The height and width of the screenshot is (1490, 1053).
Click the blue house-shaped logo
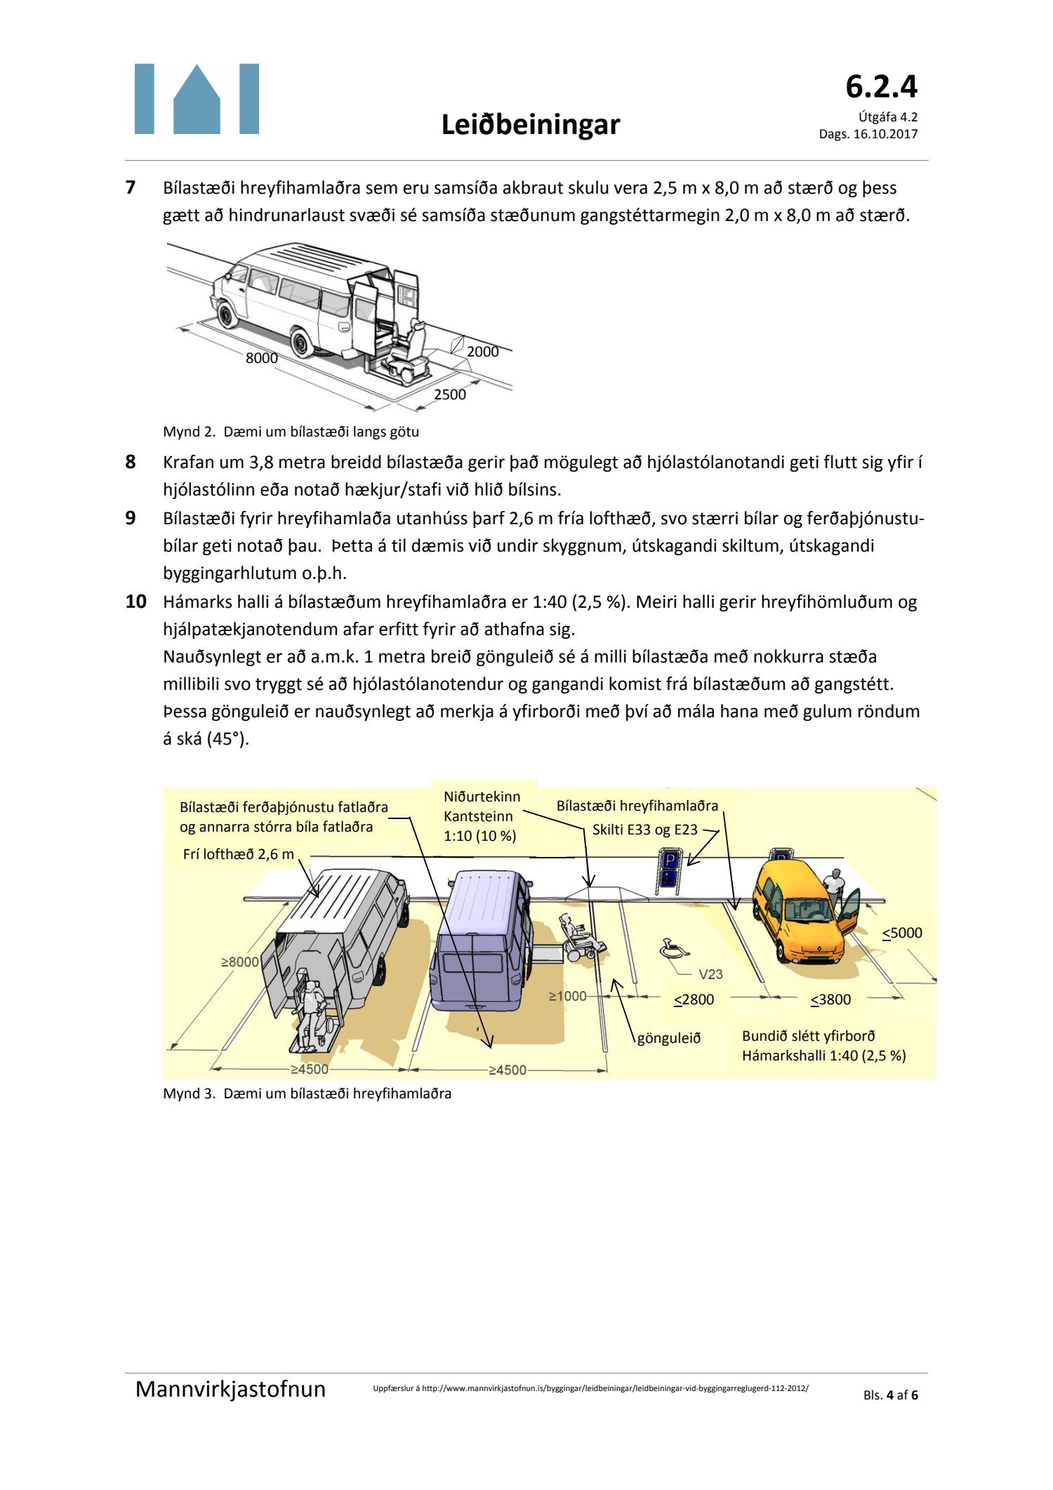pyautogui.click(x=197, y=99)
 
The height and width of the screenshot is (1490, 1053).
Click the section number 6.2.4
pyautogui.click(x=881, y=87)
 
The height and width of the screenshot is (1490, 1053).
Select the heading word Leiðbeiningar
pyautogui.click(x=531, y=125)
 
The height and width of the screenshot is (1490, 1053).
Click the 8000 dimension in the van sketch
pyautogui.click(x=261, y=358)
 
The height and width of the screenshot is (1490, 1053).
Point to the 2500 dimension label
pyautogui.click(x=449, y=394)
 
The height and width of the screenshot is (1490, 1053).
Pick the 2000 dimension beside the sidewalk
pyautogui.click(x=483, y=352)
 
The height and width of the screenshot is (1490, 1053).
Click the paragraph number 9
pyautogui.click(x=131, y=518)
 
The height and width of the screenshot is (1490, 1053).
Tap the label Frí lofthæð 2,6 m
pyautogui.click(x=238, y=854)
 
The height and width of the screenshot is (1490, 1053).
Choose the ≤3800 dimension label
pyautogui.click(x=830, y=999)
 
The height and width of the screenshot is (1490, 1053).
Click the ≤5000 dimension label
pyautogui.click(x=902, y=933)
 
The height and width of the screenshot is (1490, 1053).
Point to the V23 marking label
pyautogui.click(x=710, y=974)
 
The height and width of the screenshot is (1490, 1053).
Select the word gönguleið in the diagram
pyautogui.click(x=669, y=1038)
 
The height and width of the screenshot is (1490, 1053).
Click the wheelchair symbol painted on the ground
pyautogui.click(x=673, y=950)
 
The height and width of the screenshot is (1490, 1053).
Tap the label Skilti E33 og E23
pyautogui.click(x=644, y=830)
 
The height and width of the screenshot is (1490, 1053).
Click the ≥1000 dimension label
pyautogui.click(x=567, y=996)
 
